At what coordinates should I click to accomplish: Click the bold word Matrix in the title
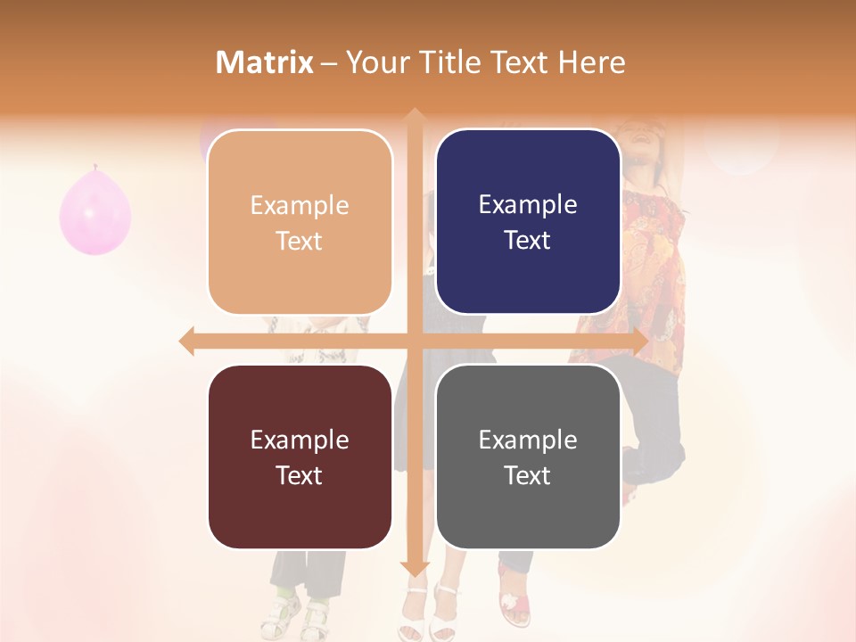[265, 62]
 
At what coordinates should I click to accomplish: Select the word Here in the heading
[592, 62]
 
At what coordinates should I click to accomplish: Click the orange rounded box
[300, 222]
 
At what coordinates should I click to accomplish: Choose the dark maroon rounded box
[300, 457]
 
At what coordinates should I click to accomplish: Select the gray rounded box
[528, 457]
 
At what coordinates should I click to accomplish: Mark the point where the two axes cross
[415, 342]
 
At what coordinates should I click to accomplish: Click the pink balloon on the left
[95, 212]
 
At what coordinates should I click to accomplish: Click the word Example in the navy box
[528, 204]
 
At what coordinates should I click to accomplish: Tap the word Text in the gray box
[528, 475]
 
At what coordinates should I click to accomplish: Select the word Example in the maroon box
[300, 440]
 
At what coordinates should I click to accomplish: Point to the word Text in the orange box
[300, 241]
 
